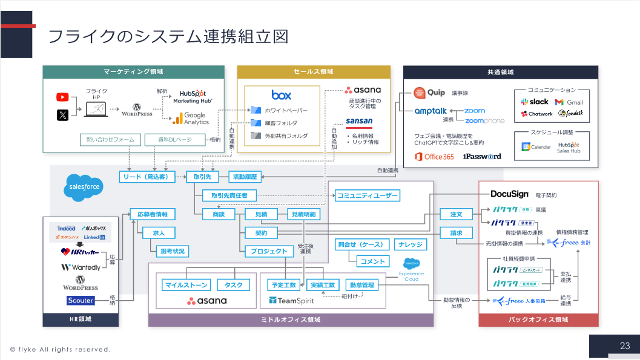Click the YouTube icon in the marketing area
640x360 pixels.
62,97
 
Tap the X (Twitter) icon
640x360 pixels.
62,114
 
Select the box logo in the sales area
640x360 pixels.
282,95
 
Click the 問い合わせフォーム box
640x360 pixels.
111,140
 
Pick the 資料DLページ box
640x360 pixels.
176,140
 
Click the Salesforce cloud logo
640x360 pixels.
84,188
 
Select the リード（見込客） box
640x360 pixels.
147,177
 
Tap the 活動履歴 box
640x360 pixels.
245,177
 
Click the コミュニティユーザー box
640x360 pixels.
368,195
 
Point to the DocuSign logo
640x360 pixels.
510,194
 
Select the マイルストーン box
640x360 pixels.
186,284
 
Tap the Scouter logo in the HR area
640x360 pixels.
81,300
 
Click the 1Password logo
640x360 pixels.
482,156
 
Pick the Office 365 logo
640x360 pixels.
434,156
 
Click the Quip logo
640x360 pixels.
429,93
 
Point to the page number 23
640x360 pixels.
625,346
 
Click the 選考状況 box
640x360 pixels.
172,250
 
